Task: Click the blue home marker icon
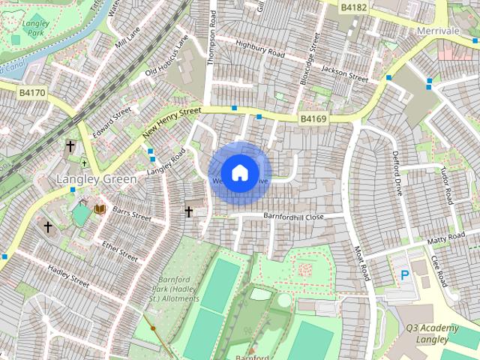[x=239, y=172]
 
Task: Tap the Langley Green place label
[x=97, y=179]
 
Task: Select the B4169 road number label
[x=313, y=118]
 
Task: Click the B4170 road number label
[x=32, y=93]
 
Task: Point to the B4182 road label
[x=353, y=7]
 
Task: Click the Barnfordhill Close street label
[x=293, y=216]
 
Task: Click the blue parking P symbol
[x=405, y=276]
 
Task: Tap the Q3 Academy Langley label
[x=432, y=334]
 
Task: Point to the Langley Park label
[x=35, y=28]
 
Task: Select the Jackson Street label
[x=344, y=73]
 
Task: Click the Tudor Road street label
[x=448, y=185]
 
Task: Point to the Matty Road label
[x=447, y=241]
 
